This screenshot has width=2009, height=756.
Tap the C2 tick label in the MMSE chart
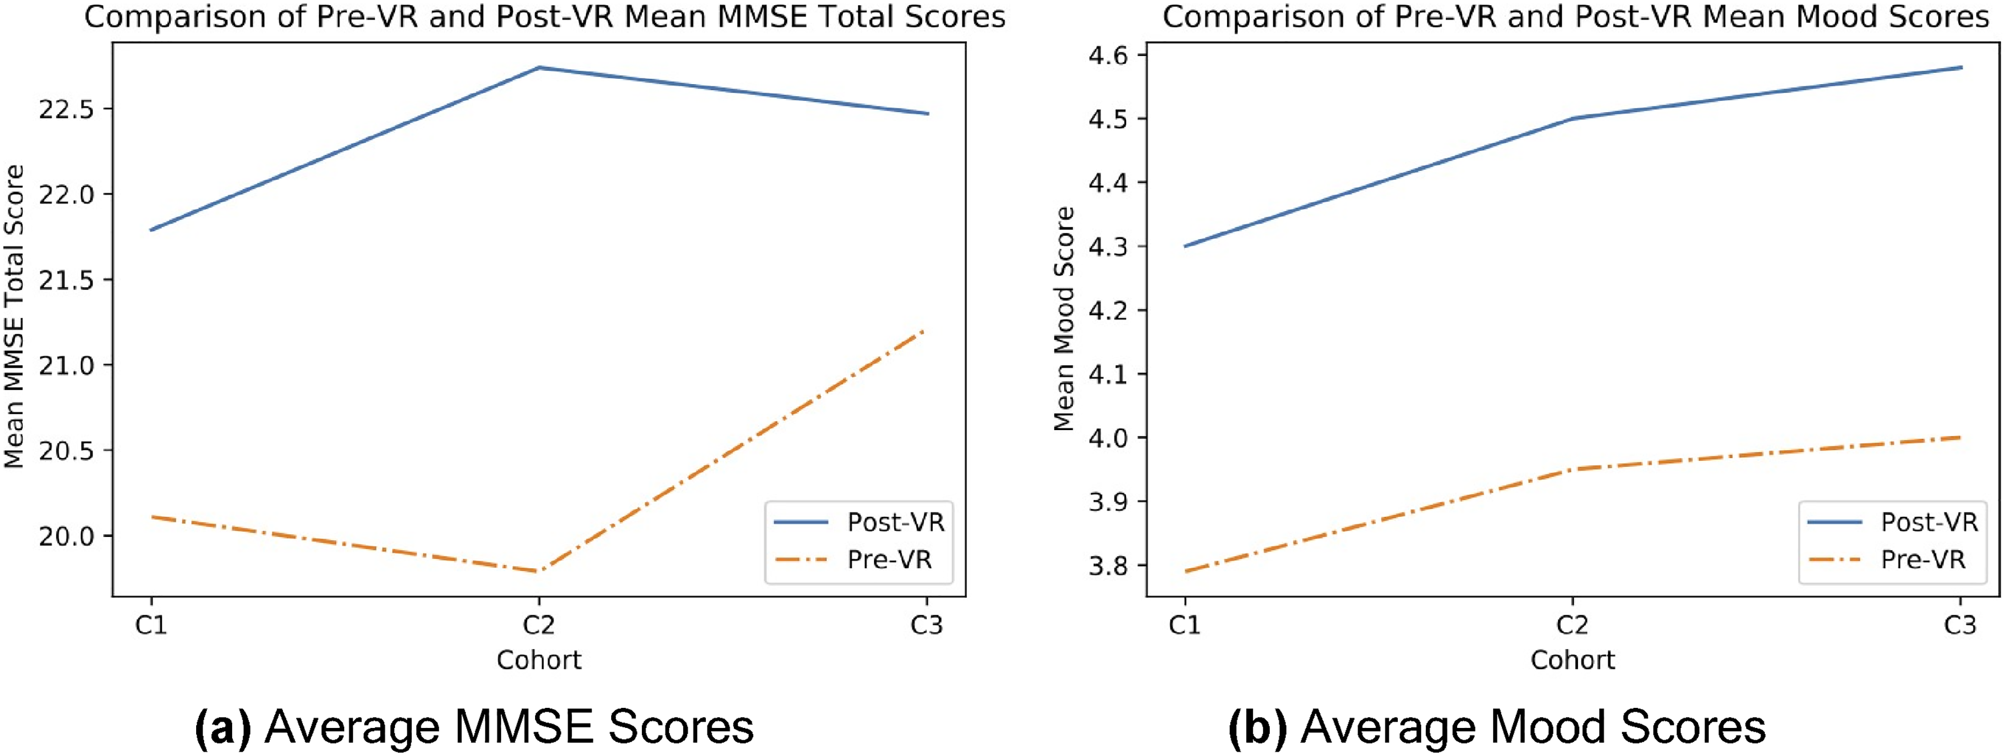click(539, 625)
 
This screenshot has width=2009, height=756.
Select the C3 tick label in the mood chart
click(1959, 625)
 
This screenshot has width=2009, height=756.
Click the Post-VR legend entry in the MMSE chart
click(859, 522)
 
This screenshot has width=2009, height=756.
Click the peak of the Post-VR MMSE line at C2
click(539, 68)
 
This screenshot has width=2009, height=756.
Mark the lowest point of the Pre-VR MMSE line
click(539, 571)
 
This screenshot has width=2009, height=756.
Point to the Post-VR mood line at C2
click(1572, 119)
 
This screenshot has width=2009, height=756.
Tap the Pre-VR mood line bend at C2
click(1572, 469)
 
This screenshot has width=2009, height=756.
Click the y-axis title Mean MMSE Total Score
click(15, 317)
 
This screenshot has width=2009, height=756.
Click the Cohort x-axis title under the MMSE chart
click(539, 660)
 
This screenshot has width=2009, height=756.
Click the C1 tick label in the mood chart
click(1185, 625)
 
